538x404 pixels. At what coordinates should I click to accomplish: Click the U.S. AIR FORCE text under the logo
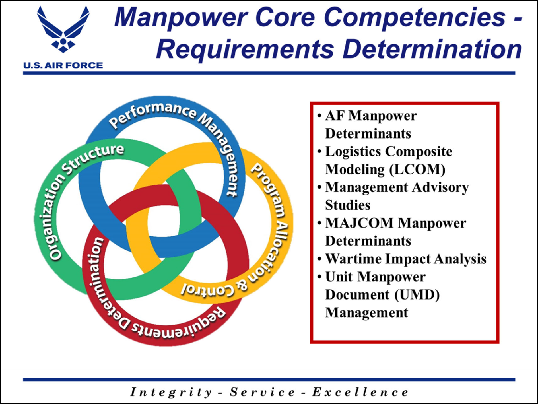click(x=63, y=65)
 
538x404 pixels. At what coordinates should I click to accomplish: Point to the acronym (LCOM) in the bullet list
click(x=417, y=170)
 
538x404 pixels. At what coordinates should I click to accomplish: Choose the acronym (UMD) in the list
click(x=417, y=295)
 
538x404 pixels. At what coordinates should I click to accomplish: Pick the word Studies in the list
click(x=348, y=205)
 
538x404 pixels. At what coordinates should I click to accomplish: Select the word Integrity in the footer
click(x=171, y=392)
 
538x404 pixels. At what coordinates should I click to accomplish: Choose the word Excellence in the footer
click(x=360, y=392)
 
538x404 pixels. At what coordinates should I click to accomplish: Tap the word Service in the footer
click(x=263, y=392)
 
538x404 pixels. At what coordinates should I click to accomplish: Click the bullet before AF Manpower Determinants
click(x=319, y=116)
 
